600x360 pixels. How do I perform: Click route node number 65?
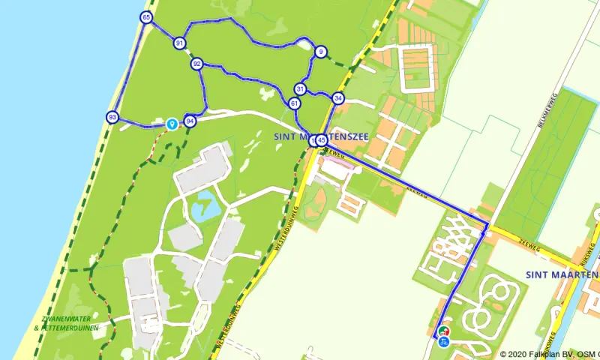click(145, 18)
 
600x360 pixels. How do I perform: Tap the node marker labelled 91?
click(179, 43)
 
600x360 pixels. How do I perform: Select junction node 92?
click(196, 64)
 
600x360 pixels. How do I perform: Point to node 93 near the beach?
click(112, 117)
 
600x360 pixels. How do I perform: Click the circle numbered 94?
click(190, 121)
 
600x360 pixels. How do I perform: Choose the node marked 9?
click(320, 52)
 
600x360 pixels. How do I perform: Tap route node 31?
click(300, 88)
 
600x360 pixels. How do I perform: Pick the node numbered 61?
click(294, 103)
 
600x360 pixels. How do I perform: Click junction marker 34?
click(338, 98)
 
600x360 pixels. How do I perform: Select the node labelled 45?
click(322, 139)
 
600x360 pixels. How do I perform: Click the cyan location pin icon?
click(172, 123)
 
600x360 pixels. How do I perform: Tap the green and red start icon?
click(443, 331)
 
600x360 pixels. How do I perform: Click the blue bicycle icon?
click(443, 343)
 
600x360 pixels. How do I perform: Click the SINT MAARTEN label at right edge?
click(562, 274)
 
